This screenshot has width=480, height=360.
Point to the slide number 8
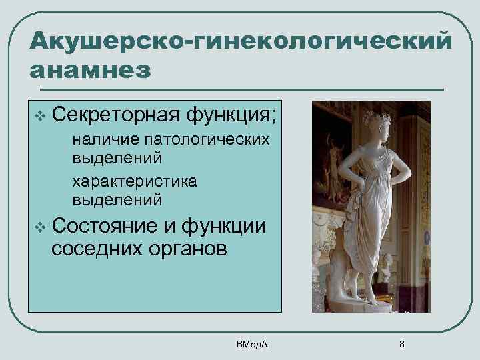coord(401,343)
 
